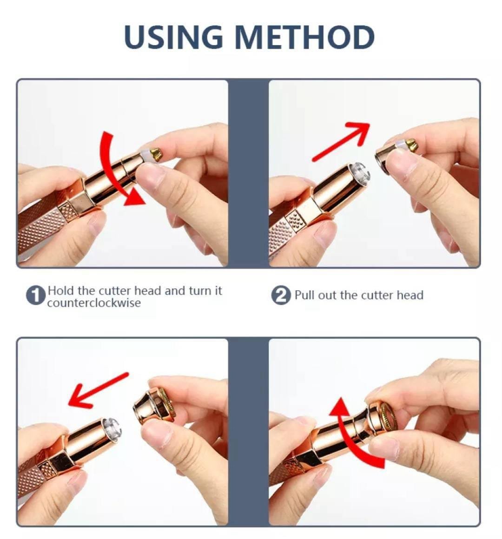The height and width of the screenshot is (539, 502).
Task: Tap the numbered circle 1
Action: [36, 295]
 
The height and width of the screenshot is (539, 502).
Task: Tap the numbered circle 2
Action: [281, 295]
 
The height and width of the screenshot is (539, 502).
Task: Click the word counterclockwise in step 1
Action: [94, 303]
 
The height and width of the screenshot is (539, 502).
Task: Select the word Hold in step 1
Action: [61, 290]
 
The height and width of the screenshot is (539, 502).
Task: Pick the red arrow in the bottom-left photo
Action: [98, 390]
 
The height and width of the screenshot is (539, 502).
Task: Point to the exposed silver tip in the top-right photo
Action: [360, 172]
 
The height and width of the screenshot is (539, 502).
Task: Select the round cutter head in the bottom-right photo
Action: [383, 416]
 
